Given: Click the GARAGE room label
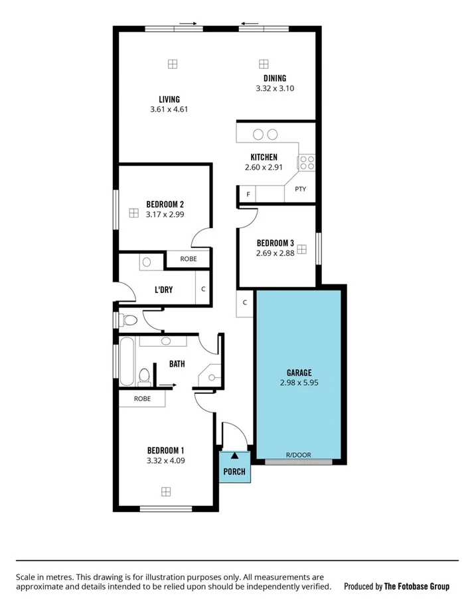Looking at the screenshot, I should pos(299,373).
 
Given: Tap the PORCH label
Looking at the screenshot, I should pos(234,472).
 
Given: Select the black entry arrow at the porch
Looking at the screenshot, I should pos(234,456).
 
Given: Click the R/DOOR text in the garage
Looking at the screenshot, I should pos(298,455).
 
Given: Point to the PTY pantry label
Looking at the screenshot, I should pos(300,189).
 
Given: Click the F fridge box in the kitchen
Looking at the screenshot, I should pos(248,194).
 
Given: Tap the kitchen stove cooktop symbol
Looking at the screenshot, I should pos(306,162).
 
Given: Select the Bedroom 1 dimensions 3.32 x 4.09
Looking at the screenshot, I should pos(165,459).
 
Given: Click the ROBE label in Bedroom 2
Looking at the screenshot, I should pos(188,259).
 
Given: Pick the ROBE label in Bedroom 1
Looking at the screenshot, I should pos(142,398).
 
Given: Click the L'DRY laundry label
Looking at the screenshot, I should pos(164,290).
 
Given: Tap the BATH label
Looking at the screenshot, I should pos(177,363).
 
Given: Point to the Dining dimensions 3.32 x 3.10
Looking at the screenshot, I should pos(274,88).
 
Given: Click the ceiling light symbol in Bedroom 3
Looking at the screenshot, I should pos(301,249).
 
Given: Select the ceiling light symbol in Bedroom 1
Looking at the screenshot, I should pos(165,491).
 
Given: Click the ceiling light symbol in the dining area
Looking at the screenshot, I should pos(264,64).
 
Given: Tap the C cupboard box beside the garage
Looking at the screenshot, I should pos(245,302).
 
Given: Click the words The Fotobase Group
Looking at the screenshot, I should pos(416,586).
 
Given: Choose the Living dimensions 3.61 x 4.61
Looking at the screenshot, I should pos(169,109).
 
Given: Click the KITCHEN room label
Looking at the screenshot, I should pos(264,157).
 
